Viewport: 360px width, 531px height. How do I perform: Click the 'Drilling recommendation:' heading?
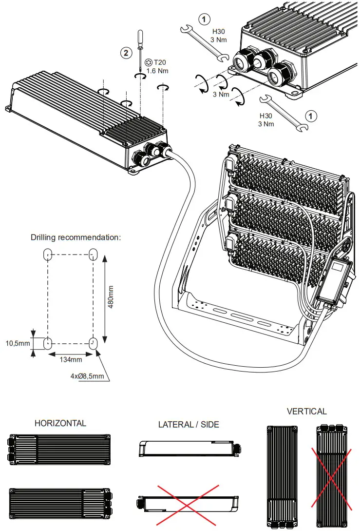pos(76,237)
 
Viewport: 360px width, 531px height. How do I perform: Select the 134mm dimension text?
pos(70,359)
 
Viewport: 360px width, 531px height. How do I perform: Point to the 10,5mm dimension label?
pos(17,343)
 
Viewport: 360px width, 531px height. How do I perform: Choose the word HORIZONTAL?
pos(60,423)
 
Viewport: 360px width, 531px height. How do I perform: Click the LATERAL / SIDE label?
pos(189,424)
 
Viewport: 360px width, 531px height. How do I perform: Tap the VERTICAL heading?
pos(306,411)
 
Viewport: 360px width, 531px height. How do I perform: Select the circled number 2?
pos(127,53)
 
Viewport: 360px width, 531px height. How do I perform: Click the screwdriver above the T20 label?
pos(140,44)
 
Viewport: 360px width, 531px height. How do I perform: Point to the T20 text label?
pos(160,62)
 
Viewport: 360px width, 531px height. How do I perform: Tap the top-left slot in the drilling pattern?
pos(48,254)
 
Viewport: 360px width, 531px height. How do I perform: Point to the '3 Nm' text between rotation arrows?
pos(221,94)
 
